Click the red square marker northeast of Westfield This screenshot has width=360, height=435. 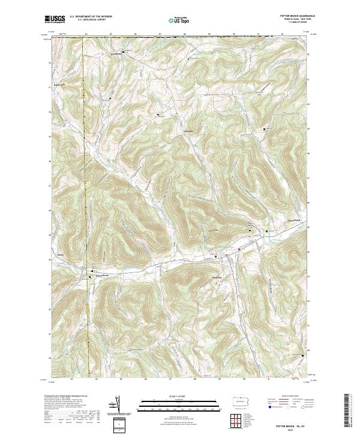point(238,248)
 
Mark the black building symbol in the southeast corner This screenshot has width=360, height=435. point(302,356)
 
